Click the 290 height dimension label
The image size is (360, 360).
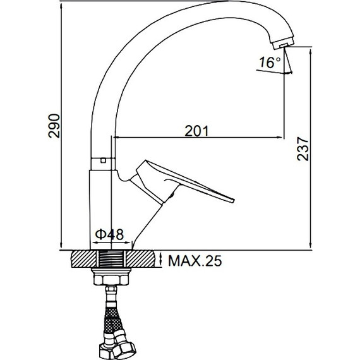point(54,126)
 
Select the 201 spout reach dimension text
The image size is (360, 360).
point(197,131)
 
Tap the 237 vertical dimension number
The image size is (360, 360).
point(303,149)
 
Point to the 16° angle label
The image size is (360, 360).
point(270,63)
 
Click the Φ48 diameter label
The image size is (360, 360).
point(109,234)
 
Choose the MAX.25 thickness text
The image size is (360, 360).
point(195,261)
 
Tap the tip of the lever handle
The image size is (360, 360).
point(233,200)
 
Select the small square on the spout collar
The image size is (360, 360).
point(104,160)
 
